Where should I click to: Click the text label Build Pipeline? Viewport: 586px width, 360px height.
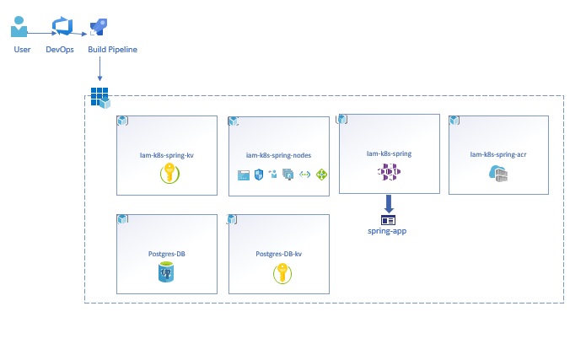click(113, 50)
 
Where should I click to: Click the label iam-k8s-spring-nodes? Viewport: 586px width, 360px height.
click(278, 155)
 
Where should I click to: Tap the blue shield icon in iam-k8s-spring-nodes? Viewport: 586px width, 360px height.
click(260, 175)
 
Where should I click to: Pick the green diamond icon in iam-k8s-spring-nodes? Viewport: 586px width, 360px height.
click(321, 175)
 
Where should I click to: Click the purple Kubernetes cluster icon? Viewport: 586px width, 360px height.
click(389, 173)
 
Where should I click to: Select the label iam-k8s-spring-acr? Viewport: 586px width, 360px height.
click(498, 154)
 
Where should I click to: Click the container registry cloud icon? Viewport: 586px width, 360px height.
click(497, 174)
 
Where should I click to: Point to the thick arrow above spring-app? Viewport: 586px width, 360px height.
click(389, 203)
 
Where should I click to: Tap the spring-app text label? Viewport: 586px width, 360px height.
click(388, 230)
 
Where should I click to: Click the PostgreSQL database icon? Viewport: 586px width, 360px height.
click(166, 272)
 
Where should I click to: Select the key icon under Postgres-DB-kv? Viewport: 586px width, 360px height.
click(280, 272)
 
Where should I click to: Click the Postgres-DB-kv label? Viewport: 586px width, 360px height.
click(279, 253)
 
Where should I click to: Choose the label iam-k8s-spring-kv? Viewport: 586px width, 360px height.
click(166, 155)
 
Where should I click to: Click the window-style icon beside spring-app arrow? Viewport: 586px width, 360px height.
click(388, 219)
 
